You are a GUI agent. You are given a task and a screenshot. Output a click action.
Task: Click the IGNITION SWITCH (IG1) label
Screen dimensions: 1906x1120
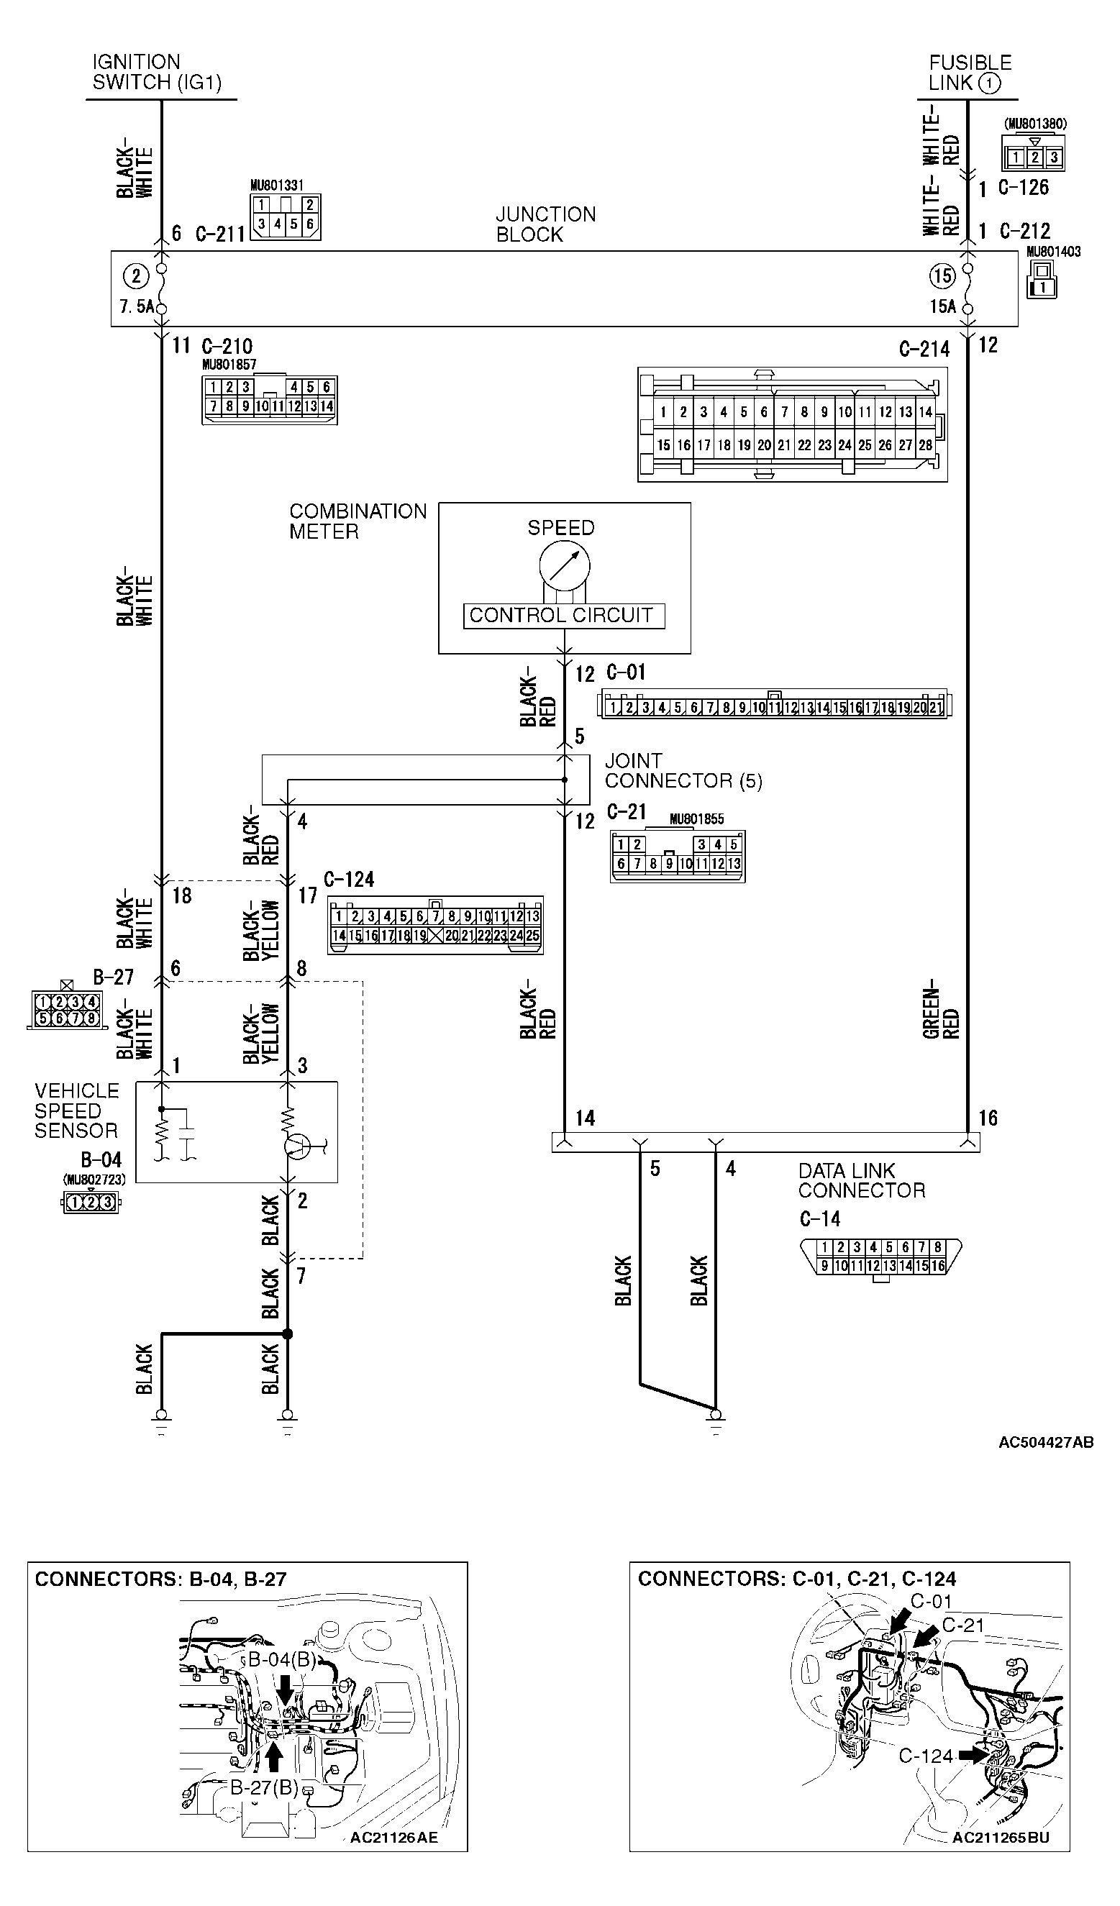(157, 72)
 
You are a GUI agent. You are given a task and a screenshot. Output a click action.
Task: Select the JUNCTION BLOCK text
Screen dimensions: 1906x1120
(545, 224)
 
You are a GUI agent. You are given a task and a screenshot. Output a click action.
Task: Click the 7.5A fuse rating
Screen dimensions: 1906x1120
(136, 307)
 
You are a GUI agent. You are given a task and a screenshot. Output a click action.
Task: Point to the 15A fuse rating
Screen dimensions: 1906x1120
(942, 306)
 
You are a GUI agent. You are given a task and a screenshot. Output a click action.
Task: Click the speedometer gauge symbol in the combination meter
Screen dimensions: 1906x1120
(564, 566)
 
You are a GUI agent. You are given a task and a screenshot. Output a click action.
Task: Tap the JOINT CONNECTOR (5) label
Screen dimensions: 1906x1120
(683, 771)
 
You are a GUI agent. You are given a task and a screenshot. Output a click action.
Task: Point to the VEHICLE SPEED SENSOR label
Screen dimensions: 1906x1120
(76, 1111)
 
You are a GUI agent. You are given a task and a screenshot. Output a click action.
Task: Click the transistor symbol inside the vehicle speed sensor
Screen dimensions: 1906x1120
(297, 1146)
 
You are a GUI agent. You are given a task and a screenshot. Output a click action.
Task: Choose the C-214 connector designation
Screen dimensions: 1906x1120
(924, 350)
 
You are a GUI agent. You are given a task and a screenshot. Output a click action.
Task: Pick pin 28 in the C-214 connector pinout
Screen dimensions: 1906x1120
(925, 445)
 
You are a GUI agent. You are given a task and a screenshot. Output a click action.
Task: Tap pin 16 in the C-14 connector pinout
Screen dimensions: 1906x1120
(938, 1266)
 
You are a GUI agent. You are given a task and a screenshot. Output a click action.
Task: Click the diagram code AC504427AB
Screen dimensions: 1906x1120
(1046, 1442)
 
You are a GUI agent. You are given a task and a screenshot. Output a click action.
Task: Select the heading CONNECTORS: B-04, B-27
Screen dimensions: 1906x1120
(160, 1579)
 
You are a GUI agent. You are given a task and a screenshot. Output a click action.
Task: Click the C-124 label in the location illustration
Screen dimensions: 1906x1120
(926, 1756)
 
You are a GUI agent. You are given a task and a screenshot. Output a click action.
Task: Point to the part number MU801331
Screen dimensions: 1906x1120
(277, 186)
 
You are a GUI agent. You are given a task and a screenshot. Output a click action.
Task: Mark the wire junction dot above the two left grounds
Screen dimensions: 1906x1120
(288, 1334)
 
